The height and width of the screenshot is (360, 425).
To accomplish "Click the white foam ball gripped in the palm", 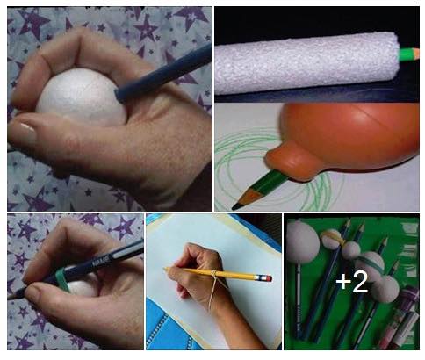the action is click(x=82, y=97).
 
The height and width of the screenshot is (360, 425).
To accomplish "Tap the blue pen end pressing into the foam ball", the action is click(x=120, y=95).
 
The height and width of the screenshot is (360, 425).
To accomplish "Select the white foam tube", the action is click(x=306, y=62).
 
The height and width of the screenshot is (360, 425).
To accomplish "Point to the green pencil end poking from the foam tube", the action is click(x=408, y=54).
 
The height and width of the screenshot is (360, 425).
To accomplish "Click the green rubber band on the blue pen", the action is click(x=62, y=279).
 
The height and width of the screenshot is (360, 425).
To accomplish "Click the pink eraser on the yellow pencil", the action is click(x=268, y=277).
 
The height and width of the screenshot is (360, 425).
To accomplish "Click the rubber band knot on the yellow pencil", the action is click(x=214, y=273).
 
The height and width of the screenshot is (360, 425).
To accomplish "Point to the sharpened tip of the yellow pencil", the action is click(x=165, y=268).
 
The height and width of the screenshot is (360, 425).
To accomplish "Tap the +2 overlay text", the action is click(x=351, y=282).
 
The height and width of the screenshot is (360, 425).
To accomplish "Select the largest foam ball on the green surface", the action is click(x=302, y=242).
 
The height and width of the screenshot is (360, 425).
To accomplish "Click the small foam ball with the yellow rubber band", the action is click(x=333, y=239).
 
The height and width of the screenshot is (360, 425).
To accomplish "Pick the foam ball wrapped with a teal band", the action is click(x=370, y=266).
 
